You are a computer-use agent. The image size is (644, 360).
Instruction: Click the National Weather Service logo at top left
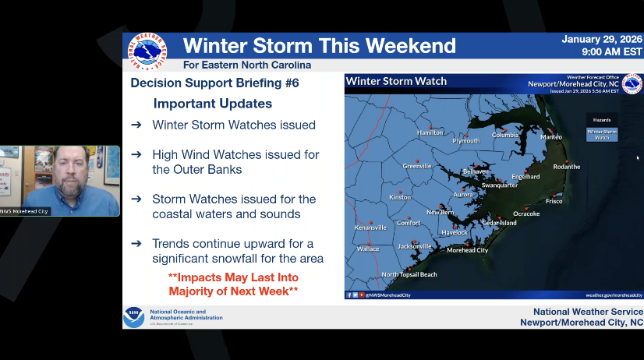pos(147,52)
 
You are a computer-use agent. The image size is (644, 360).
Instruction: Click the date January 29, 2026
pos(602,39)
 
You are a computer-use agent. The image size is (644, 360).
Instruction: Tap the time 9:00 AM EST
pos(612,52)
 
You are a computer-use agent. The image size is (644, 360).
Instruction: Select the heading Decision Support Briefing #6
pos(214,83)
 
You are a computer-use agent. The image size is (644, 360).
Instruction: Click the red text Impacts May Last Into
pos(233,277)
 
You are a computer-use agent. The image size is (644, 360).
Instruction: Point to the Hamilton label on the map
pos(430,132)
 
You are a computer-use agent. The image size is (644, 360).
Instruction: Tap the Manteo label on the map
pos(551,137)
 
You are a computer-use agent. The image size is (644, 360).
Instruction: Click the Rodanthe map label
pos(567,167)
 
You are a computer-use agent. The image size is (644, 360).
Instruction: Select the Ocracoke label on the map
pos(526,214)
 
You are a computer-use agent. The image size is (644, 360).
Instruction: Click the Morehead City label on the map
pos(467,250)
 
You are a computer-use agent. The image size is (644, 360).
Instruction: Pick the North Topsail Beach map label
pos(409,274)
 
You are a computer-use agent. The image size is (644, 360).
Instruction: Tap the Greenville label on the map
pos(417,166)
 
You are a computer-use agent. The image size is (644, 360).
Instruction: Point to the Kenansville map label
pos(370,228)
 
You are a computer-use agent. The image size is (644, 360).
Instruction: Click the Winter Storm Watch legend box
pos(602,134)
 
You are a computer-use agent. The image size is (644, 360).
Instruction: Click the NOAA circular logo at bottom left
pos(133,317)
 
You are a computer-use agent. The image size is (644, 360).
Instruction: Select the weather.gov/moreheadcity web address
pos(614,295)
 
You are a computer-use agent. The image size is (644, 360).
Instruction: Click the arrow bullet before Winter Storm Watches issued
pos(136,125)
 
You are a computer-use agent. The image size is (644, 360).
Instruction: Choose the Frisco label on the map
pos(554,201)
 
